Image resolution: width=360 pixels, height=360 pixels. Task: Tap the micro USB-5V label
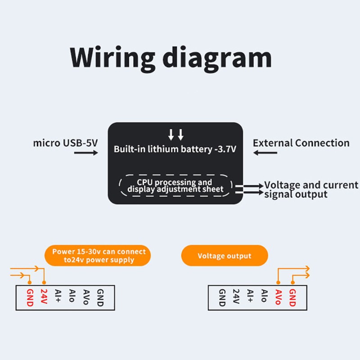65,143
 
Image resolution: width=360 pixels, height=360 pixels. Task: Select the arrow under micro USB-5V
85,153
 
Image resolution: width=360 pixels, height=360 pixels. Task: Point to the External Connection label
301,143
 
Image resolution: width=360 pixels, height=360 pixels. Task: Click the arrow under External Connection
265,153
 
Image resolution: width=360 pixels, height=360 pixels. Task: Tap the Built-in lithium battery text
175,149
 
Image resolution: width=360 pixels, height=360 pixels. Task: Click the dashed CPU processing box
175,185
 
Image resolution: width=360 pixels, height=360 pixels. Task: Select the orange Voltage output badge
224,256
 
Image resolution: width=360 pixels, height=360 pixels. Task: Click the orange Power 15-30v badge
99,256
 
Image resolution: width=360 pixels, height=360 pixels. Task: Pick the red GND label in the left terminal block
30,297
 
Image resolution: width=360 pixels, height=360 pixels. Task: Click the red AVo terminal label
278,297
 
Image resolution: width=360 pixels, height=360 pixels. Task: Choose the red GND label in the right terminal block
292,297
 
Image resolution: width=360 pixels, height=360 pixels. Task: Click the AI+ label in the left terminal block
58,296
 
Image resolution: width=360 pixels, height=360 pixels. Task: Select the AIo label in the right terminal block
264,296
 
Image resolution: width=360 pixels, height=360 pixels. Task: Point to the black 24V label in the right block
236,296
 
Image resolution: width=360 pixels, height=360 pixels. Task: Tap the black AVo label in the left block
85,297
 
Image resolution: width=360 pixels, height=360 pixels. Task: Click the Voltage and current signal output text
310,189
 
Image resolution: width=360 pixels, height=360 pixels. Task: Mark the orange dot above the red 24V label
44,283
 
